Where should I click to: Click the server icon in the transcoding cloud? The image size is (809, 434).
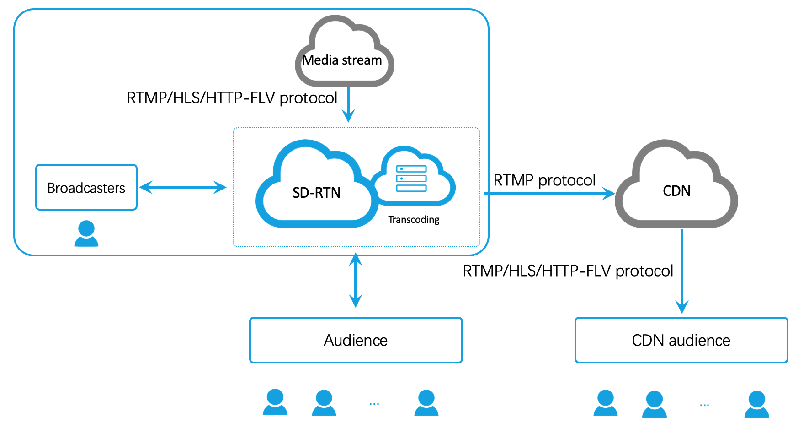coord(411,179)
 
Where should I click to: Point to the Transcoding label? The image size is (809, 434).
coord(414,220)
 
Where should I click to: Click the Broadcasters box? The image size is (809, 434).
coord(86,188)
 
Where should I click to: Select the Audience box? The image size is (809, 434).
coord(356,340)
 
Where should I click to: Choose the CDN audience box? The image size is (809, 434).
coord(681,340)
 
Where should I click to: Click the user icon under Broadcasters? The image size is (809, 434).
coord(86,233)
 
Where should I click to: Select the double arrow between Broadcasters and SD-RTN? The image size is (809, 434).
coord(183,187)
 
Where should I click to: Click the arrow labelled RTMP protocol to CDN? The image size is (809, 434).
coord(548,194)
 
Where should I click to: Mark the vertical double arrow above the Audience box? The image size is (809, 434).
coord(356,280)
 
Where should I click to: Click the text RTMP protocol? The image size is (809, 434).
coord(544,180)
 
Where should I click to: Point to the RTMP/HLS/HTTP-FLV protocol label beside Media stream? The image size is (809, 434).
coord(232,98)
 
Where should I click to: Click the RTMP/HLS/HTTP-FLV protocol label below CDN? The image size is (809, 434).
coord(568,271)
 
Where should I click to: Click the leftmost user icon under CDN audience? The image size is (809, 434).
coord(606,403)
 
